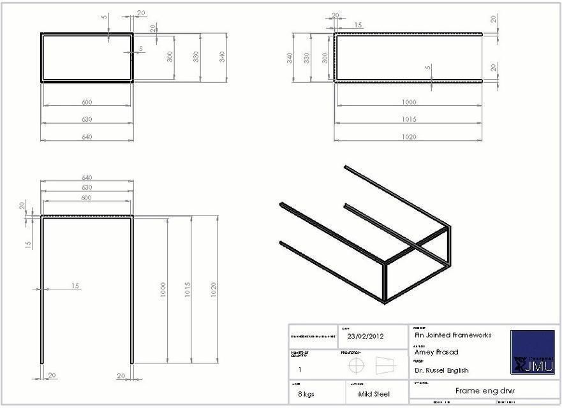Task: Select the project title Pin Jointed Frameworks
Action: [448, 335]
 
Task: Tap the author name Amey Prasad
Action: [436, 352]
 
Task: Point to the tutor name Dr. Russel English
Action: [441, 370]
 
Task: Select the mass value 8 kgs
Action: [304, 394]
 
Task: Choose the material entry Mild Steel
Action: [374, 394]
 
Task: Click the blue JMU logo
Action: [533, 351]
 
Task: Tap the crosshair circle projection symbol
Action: [356, 365]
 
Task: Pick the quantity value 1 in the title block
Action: [300, 369]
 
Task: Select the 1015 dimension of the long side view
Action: [409, 119]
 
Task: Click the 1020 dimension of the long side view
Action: [409, 136]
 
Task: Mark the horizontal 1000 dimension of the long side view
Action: [409, 102]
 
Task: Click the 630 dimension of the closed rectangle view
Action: [86, 119]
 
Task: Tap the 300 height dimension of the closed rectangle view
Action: [170, 57]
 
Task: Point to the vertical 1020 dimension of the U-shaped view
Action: [214, 289]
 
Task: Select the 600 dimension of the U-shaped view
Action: [86, 198]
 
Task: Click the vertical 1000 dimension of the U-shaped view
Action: [163, 289]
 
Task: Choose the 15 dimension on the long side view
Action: [358, 25]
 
